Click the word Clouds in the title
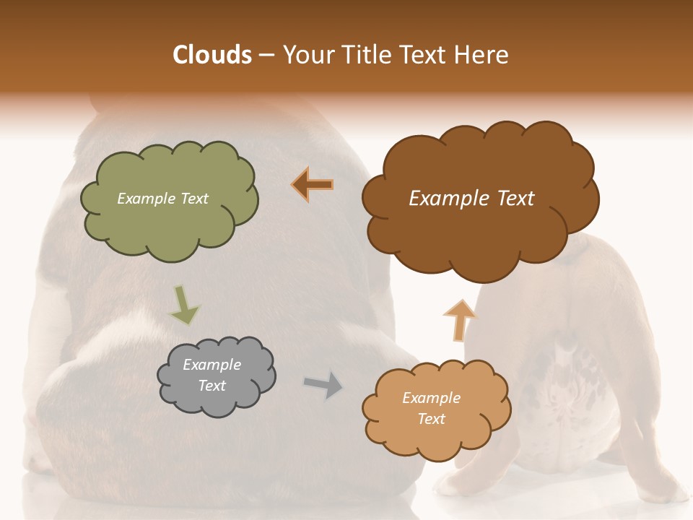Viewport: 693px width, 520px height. (212, 55)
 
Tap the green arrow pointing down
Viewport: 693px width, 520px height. (184, 305)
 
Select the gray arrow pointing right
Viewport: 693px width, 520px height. (323, 384)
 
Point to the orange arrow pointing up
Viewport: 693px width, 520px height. (459, 320)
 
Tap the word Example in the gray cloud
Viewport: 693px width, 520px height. (212, 365)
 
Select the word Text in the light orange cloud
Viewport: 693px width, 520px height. (432, 419)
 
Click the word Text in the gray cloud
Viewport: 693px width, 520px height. (212, 386)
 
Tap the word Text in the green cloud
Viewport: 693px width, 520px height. (194, 199)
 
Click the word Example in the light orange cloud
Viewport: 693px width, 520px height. (431, 398)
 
